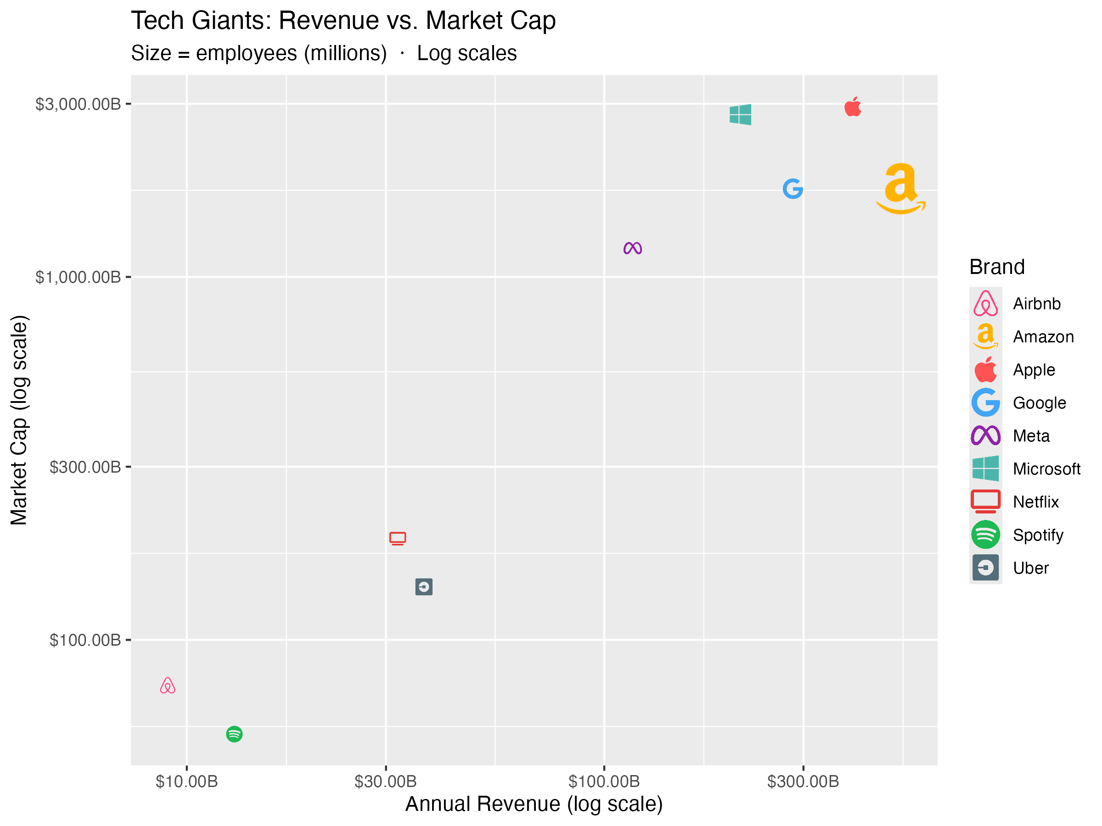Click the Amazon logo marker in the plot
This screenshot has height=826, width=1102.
coord(900,189)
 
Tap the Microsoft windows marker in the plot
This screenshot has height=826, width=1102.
coord(740,115)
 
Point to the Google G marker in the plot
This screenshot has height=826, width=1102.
coord(793,189)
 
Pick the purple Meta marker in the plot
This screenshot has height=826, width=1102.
coord(633,248)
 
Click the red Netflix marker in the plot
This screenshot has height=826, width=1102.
coord(398,538)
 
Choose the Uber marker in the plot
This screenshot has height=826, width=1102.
coord(424,587)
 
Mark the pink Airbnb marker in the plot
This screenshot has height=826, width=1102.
coord(168,686)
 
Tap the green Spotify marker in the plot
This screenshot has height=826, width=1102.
coord(234,734)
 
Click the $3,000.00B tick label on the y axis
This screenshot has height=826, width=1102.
coord(78,104)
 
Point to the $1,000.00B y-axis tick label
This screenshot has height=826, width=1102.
coord(78,277)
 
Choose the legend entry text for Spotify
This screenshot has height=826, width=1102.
coord(1038,535)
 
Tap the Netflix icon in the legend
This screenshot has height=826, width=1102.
coord(985,502)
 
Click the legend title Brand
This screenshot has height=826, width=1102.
coord(997,268)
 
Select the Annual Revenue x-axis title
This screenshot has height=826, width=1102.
coord(534,804)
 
